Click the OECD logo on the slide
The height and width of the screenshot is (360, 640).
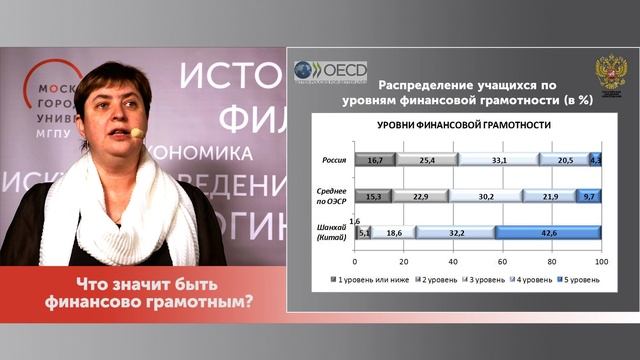(x=330, y=71)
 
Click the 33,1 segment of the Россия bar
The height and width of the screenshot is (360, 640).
(x=498, y=159)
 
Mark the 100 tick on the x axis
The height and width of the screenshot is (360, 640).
(x=601, y=262)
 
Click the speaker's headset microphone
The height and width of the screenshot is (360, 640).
(x=137, y=132)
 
